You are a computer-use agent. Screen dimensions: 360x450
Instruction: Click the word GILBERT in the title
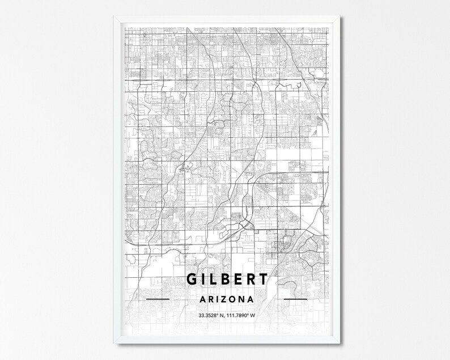pyautogui.click(x=226, y=281)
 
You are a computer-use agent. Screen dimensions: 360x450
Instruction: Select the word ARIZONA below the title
pyautogui.click(x=226, y=299)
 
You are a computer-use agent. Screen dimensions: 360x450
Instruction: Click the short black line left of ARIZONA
pyautogui.click(x=158, y=298)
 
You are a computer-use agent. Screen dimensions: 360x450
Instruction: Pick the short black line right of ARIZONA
pyautogui.click(x=295, y=298)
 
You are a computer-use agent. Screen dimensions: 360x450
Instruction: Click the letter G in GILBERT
pyautogui.click(x=193, y=281)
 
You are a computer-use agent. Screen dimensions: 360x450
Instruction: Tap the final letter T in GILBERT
pyautogui.click(x=262, y=281)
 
